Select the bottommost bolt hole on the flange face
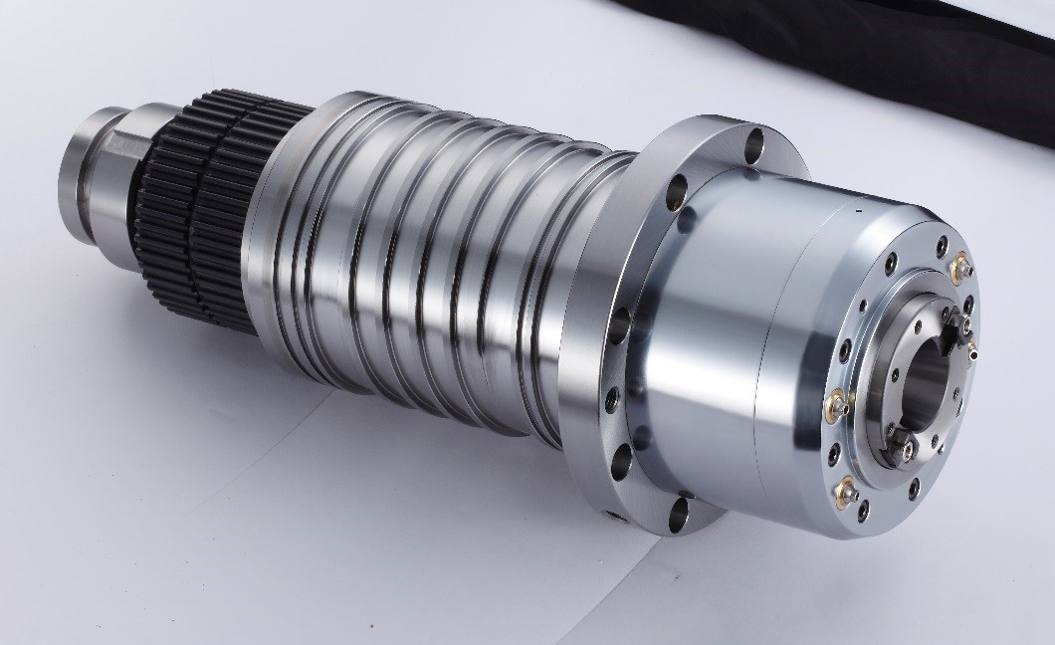[x=681, y=512]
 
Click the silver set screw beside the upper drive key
[x=972, y=347]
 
